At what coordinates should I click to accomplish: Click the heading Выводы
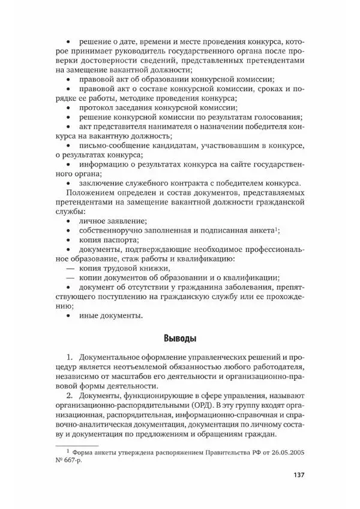pos(179,338)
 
